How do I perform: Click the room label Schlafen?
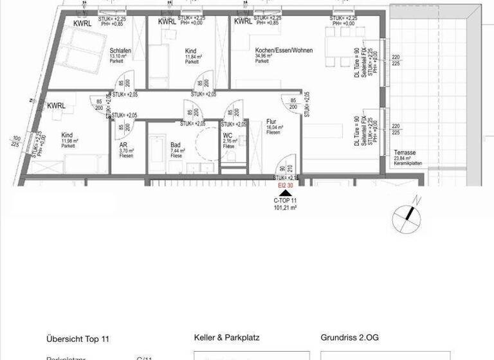[121, 50]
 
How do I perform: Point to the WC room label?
[228, 136]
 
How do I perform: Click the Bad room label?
[175, 145]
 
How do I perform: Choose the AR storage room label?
[123, 145]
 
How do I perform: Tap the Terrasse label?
[405, 152]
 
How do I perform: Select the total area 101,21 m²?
[285, 208]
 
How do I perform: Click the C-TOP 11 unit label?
[285, 201]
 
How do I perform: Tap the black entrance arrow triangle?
[285, 192]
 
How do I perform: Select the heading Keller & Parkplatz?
[230, 337]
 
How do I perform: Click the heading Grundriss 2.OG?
[351, 337]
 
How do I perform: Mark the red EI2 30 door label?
[286, 185]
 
